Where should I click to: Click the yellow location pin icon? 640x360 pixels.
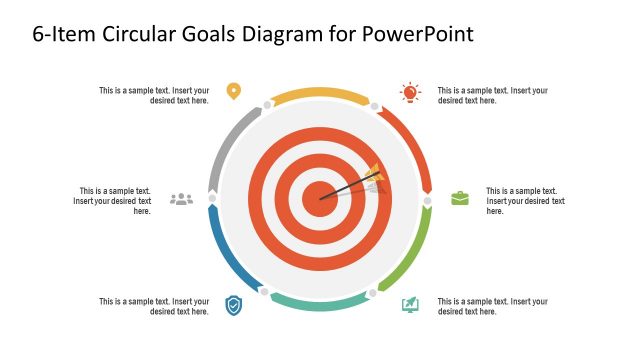coord(233,91)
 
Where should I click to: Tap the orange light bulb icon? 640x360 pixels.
coord(410,92)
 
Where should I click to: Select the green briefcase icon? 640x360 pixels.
coord(459,198)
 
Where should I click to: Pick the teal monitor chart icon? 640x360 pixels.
coord(410,304)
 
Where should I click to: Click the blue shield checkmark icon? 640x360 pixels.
coord(233,305)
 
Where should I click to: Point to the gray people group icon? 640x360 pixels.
coord(181,199)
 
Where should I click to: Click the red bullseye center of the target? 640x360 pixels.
coord(320,198)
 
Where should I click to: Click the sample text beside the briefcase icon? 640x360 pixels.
coord(525,201)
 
